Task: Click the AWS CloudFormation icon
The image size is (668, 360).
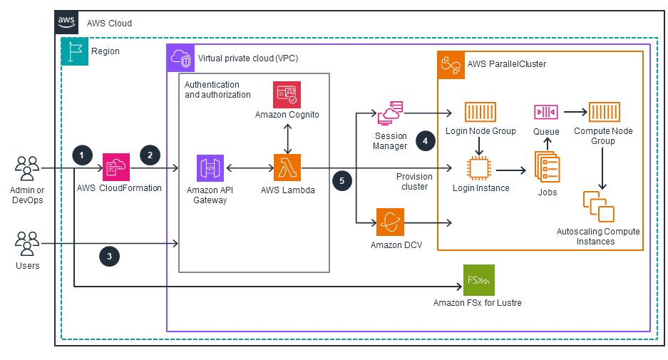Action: pos(116,168)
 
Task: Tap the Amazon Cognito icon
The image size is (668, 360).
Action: pos(287,95)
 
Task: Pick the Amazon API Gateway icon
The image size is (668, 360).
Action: pos(210,169)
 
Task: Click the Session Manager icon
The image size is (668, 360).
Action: pos(390,114)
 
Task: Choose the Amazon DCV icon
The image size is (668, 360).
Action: pos(390,222)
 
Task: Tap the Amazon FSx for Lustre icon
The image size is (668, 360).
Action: pos(478,280)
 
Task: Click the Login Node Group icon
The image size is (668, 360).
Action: pos(480,113)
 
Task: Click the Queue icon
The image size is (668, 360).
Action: pos(546,113)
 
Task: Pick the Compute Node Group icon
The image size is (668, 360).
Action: pos(603,113)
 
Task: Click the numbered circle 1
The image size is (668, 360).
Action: pos(83,155)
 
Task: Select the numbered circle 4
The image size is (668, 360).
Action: pos(426,141)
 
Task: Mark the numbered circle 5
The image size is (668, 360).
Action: pos(341,181)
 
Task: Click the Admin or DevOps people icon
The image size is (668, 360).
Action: pos(27,170)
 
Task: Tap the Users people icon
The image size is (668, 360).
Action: pos(27,244)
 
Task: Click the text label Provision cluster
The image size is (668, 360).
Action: pos(414,181)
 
